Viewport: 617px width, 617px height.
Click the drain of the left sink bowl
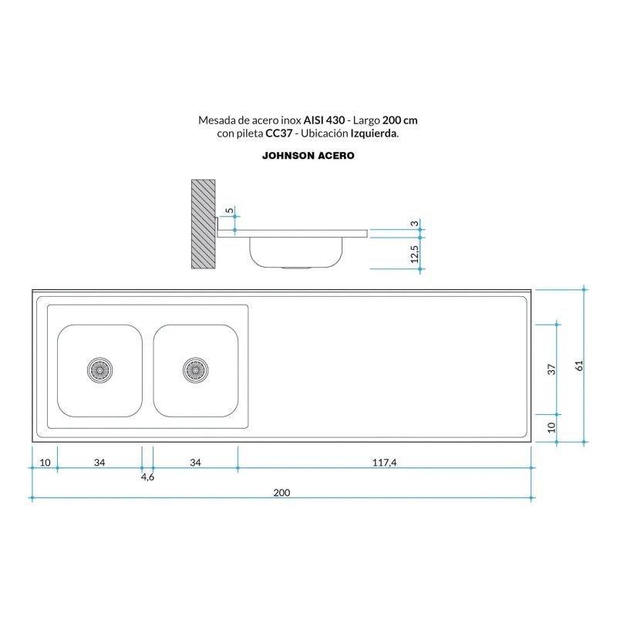pyautogui.click(x=100, y=370)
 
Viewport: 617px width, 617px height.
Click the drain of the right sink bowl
pyautogui.click(x=195, y=370)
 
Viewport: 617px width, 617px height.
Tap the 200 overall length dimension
pyautogui.click(x=282, y=493)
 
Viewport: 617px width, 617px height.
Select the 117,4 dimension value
pyautogui.click(x=383, y=463)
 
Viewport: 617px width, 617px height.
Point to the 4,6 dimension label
pyautogui.click(x=147, y=477)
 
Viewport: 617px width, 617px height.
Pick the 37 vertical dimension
pyautogui.click(x=551, y=369)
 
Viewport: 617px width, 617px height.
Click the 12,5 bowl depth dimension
pyautogui.click(x=414, y=254)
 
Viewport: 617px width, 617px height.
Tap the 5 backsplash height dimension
pyautogui.click(x=228, y=210)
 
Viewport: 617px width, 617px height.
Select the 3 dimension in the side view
pyautogui.click(x=414, y=224)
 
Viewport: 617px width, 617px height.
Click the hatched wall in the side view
pyautogui.click(x=203, y=224)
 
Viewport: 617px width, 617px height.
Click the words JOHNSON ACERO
pyautogui.click(x=308, y=155)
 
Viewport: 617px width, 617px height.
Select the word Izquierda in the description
pyautogui.click(x=373, y=133)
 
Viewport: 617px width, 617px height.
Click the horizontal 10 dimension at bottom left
pyautogui.click(x=45, y=463)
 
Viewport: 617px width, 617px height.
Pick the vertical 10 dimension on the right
pyautogui.click(x=551, y=427)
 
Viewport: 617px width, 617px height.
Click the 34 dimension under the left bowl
pyautogui.click(x=99, y=463)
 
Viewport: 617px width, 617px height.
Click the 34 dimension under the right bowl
pyautogui.click(x=195, y=463)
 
